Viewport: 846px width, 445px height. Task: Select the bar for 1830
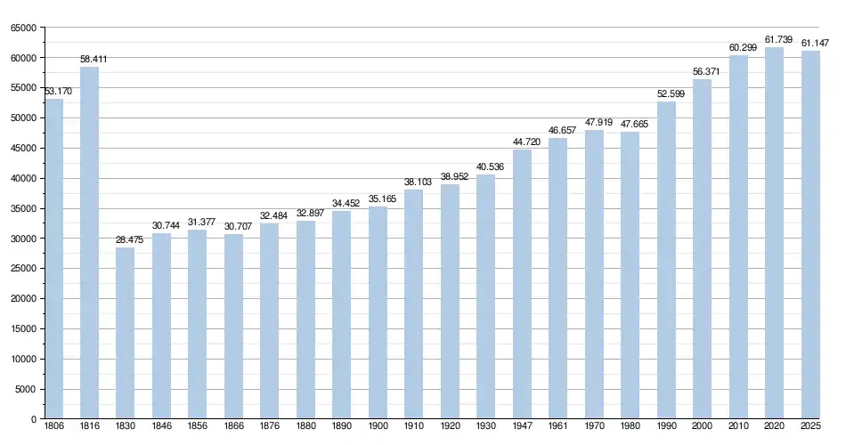tap(126, 333)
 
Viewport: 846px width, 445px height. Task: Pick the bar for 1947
tap(522, 284)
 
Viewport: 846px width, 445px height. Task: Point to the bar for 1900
tap(378, 312)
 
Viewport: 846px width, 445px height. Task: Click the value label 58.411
tap(94, 59)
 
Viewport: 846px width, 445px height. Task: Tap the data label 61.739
tap(777, 39)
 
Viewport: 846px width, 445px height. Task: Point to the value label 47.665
tap(634, 124)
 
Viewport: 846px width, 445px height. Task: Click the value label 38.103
tap(418, 182)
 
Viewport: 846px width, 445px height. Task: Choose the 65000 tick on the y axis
tap(23, 28)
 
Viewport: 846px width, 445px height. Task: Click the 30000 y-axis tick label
tap(23, 239)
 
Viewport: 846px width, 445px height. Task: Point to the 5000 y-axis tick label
tap(26, 389)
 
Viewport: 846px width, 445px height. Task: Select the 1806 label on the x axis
tap(53, 428)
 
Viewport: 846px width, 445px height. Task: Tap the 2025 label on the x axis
tap(810, 428)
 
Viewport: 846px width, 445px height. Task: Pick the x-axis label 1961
tap(558, 428)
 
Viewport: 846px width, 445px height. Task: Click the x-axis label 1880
tap(305, 428)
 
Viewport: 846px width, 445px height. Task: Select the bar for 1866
tap(233, 326)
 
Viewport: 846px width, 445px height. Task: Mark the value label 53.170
tap(57, 91)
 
